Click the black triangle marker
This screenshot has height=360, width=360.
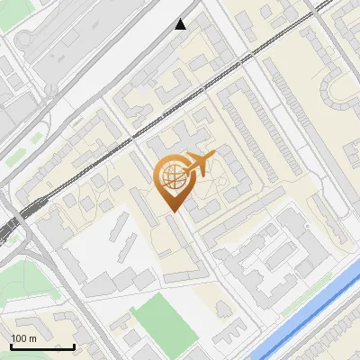(181, 24)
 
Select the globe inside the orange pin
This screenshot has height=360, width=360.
(172, 177)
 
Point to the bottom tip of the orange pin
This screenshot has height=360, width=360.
(172, 211)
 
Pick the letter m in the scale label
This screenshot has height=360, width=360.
(33, 338)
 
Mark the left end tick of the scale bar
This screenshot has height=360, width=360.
(10, 346)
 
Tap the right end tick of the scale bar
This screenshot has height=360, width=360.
(74, 346)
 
